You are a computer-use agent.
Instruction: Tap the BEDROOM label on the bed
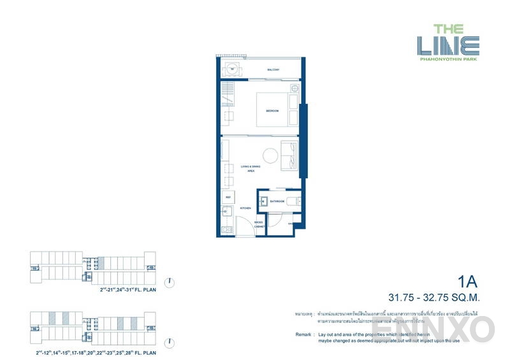pos(273,111)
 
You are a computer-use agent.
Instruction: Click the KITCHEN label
pos(245,208)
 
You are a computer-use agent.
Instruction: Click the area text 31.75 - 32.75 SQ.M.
pos(437,297)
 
